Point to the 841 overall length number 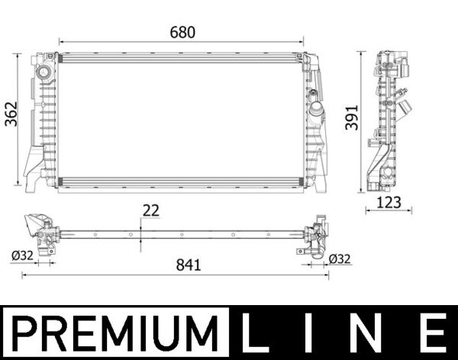188,265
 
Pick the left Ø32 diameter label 22,257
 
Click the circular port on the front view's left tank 43,73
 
